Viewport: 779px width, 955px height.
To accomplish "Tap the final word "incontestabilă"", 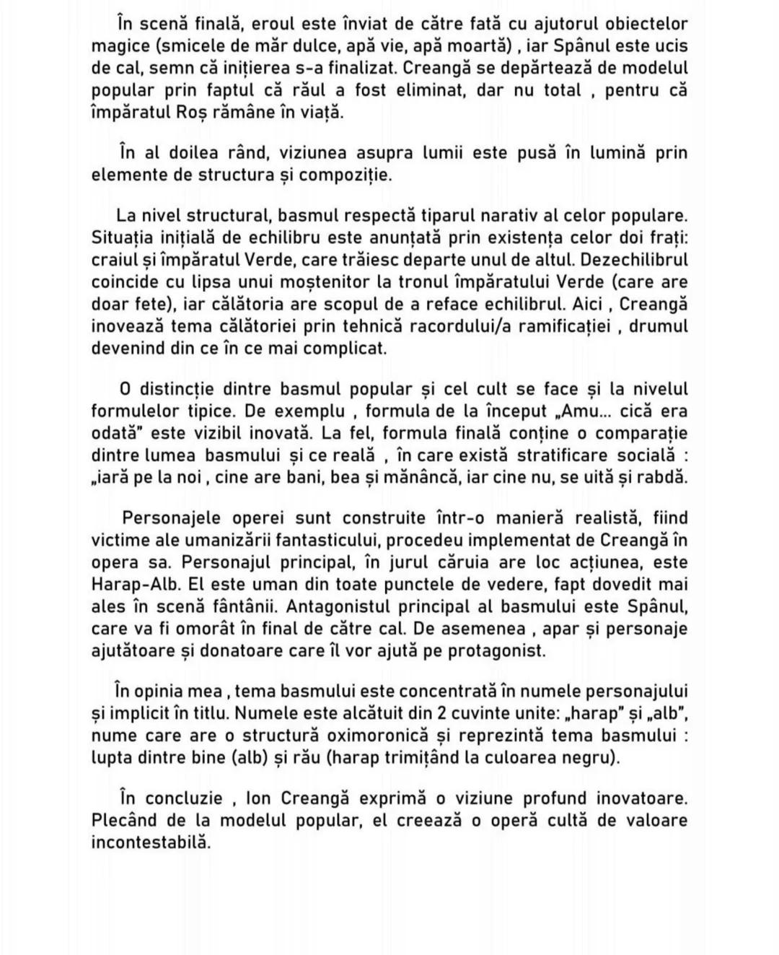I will coord(151,842).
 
